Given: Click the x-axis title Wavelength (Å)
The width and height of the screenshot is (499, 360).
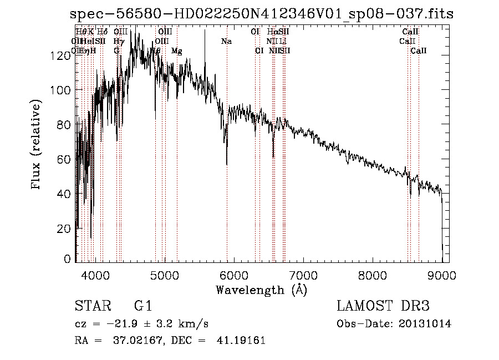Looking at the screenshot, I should point(261,289).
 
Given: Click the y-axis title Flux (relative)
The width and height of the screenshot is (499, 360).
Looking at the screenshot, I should point(37,145).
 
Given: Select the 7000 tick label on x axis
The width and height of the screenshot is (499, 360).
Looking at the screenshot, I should point(303,275).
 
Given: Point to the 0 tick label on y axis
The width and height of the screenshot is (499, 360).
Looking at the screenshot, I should point(68,258).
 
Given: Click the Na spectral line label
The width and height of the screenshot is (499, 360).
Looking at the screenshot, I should point(226,41).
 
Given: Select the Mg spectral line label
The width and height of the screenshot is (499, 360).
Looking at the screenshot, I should point(176,51).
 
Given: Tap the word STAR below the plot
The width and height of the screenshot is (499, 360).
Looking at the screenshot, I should point(90,306).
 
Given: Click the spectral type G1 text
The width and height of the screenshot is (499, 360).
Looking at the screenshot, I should point(142,306).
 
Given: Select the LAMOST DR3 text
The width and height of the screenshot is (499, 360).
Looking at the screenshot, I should point(383,306).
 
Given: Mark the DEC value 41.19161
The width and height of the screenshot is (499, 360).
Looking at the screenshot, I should point(242,341).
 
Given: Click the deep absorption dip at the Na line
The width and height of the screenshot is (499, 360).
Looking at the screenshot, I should point(227,162).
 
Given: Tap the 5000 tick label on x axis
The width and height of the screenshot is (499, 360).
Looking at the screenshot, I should point(165,275).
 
